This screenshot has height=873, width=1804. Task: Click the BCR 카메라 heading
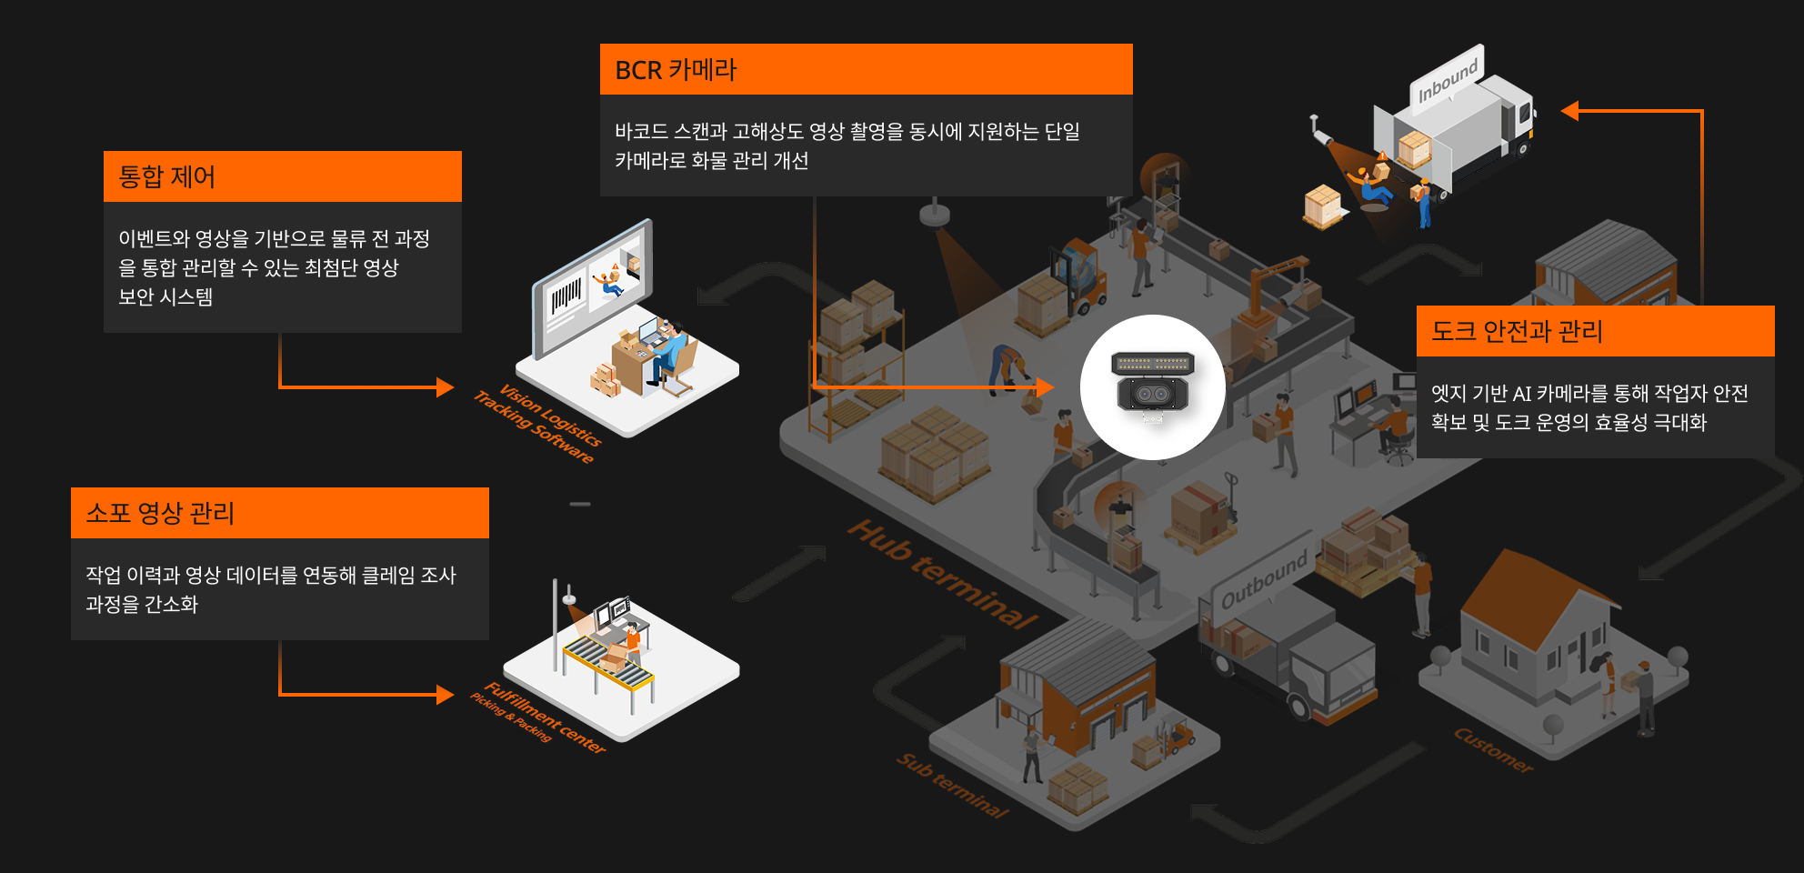point(676,70)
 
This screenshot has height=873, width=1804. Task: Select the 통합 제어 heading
point(167,176)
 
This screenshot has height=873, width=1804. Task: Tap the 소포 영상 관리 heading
point(160,513)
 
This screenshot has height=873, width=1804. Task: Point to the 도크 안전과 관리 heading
point(1517,331)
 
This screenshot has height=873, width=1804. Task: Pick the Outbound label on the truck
point(1265,579)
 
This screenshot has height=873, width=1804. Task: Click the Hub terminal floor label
point(943,575)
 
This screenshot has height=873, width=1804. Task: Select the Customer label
point(1493,749)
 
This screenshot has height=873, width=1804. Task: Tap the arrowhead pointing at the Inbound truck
point(1569,111)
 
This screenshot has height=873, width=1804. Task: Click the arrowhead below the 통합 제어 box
point(445,387)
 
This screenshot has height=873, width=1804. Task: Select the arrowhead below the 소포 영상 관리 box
point(445,695)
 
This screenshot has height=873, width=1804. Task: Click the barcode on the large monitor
point(566,296)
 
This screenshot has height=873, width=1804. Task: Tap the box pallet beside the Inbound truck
point(1323,207)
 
